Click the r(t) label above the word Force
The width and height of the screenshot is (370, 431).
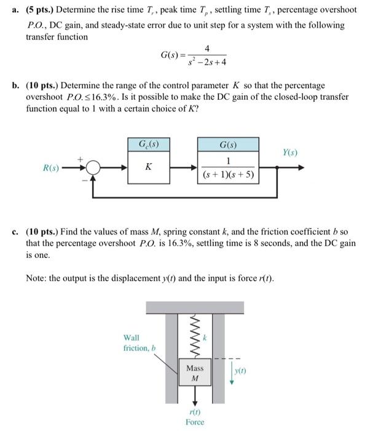pos(194,413)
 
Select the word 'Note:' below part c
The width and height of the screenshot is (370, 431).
pos(37,278)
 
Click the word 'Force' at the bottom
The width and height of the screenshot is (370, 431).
pos(194,422)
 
